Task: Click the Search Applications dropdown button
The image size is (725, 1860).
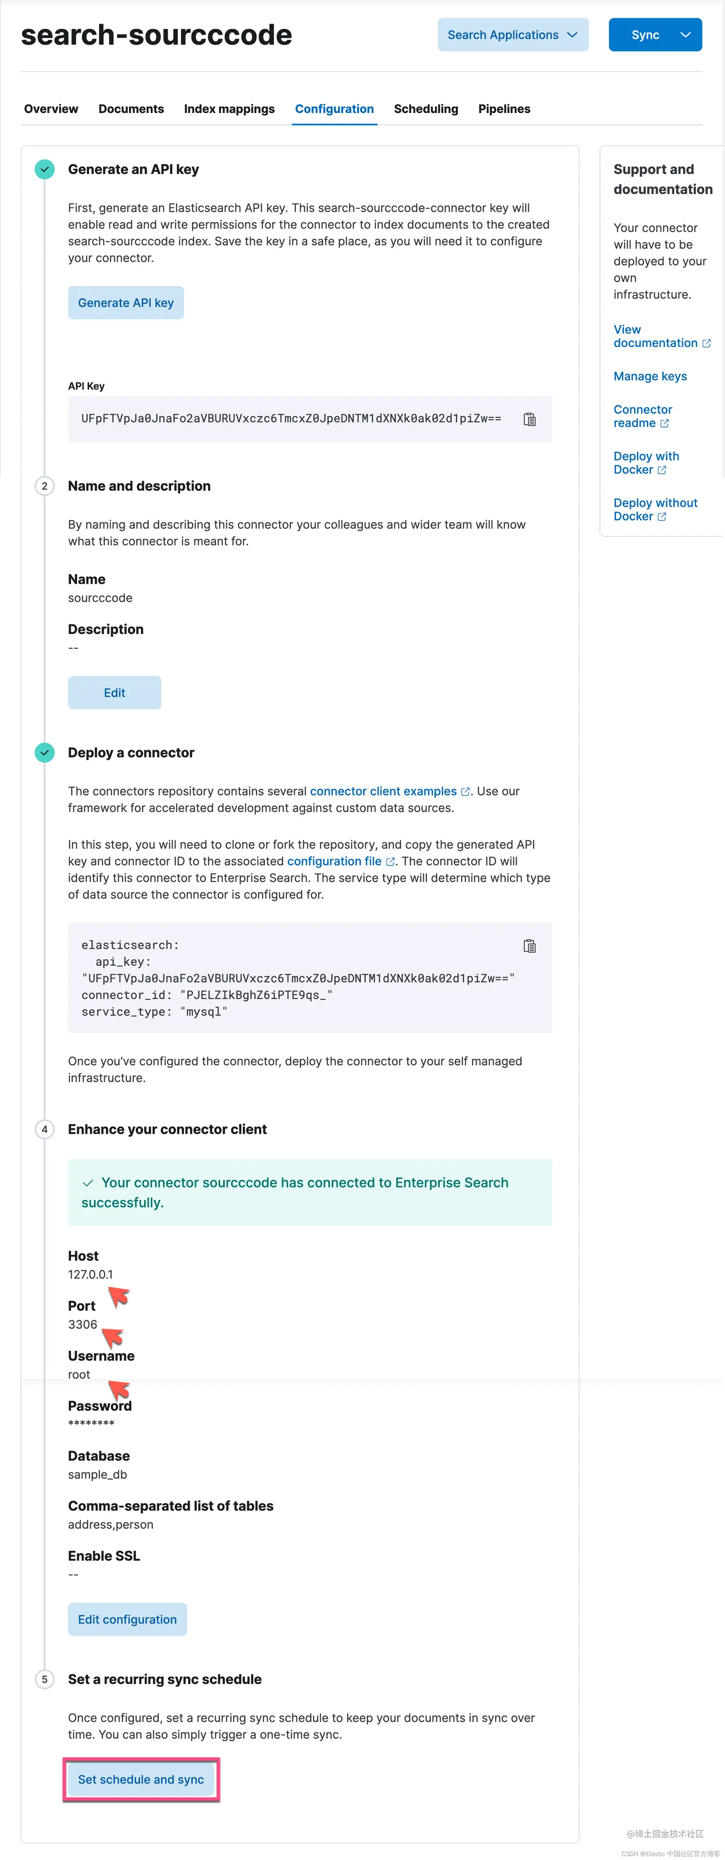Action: click(x=513, y=35)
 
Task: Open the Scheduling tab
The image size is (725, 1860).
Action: click(x=425, y=109)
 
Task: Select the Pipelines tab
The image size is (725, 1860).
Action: click(x=504, y=109)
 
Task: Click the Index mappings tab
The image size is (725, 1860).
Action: click(x=229, y=109)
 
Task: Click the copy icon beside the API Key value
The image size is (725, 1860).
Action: click(x=529, y=419)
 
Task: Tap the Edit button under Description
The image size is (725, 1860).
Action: click(x=114, y=693)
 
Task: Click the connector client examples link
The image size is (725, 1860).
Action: click(x=384, y=791)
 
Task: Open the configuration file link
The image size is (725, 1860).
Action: click(x=334, y=861)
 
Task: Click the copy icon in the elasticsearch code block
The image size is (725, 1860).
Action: click(x=529, y=946)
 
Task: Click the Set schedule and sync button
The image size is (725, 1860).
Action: click(x=141, y=1779)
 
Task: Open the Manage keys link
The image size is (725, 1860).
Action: click(x=650, y=376)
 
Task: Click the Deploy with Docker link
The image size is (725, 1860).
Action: click(x=646, y=463)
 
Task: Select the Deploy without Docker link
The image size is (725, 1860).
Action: click(x=655, y=509)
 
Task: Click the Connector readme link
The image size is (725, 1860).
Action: click(x=642, y=416)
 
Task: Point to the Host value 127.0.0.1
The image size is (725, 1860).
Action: click(x=90, y=1274)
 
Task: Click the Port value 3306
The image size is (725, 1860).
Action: click(x=82, y=1324)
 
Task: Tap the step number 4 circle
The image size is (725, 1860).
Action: click(x=45, y=1129)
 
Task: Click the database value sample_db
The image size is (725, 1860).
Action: click(x=97, y=1474)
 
